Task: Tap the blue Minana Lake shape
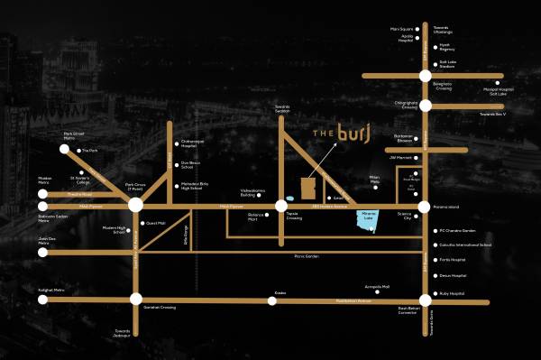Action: (365, 220)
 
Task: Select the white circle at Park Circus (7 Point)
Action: (135, 206)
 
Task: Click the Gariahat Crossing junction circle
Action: (135, 299)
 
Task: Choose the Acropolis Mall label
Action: (377, 286)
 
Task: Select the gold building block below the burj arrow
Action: (308, 188)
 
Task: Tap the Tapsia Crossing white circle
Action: (282, 206)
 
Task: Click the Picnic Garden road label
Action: (307, 256)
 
